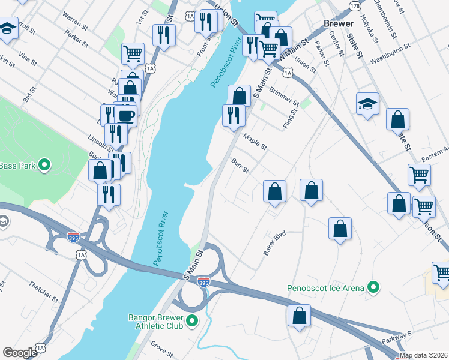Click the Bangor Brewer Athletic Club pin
[x=192, y=321]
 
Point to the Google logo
[x=20, y=353]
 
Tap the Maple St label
[x=255, y=143]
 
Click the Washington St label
[x=390, y=53]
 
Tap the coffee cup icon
[x=125, y=115]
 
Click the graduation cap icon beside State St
[x=367, y=103]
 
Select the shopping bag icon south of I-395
[x=299, y=315]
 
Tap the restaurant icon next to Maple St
[x=234, y=115]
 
